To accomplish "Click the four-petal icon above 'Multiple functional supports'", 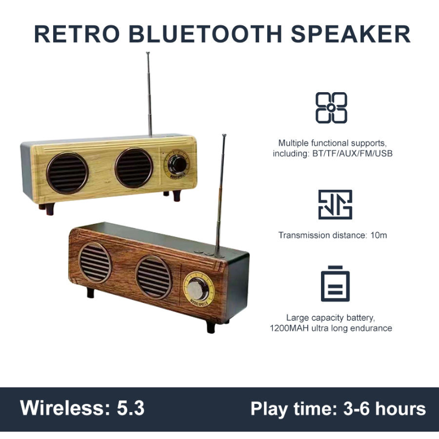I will (x=331, y=108).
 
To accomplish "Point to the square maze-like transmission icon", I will (x=335, y=205).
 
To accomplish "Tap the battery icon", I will (x=335, y=284).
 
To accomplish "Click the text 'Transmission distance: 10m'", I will (x=333, y=235).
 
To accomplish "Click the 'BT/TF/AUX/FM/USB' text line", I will (x=333, y=154).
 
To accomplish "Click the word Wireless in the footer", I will (x=62, y=409).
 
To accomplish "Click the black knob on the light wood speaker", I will (x=177, y=163).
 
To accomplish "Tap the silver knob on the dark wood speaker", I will (x=198, y=288).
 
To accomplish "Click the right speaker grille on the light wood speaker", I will (x=134, y=167).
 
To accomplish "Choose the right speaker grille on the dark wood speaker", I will (x=154, y=277).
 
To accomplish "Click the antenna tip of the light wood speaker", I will (x=148, y=53).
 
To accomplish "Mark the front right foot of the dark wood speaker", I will (x=211, y=327).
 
